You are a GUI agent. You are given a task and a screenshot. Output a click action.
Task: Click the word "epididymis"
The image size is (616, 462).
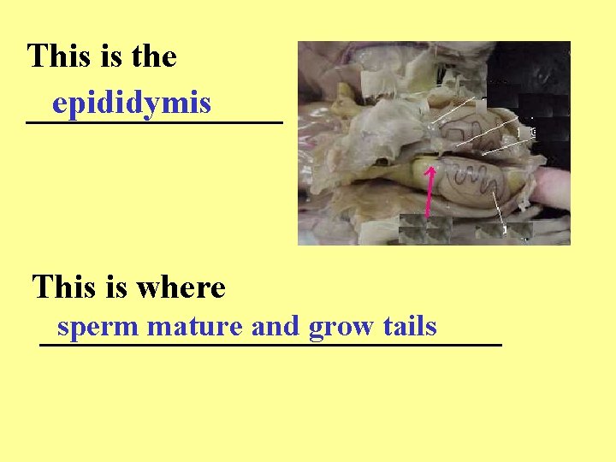[x=131, y=104]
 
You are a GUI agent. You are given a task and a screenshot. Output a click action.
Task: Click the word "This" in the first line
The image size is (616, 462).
[x=58, y=56]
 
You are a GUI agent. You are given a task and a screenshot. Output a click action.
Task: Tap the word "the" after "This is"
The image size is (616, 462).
[x=154, y=56]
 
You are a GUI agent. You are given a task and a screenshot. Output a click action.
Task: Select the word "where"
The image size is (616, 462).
[x=184, y=287]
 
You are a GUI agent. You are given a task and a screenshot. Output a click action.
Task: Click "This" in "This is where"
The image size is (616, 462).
[x=62, y=287]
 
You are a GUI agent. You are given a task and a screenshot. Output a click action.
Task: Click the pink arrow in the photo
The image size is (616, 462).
[x=429, y=190]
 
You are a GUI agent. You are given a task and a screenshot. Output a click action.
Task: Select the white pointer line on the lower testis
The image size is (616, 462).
[x=500, y=210]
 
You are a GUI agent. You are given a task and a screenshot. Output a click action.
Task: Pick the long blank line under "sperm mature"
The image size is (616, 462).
[x=270, y=344]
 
